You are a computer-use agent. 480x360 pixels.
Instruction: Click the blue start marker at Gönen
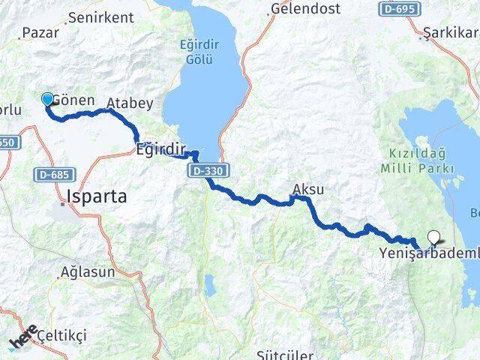click(47, 99)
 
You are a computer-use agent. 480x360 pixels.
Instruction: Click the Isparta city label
click(97, 196)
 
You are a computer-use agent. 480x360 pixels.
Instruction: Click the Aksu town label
click(308, 189)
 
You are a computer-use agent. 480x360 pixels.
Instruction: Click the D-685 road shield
click(52, 175)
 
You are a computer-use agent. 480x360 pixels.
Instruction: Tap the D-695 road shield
click(398, 9)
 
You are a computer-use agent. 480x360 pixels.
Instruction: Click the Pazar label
click(40, 32)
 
